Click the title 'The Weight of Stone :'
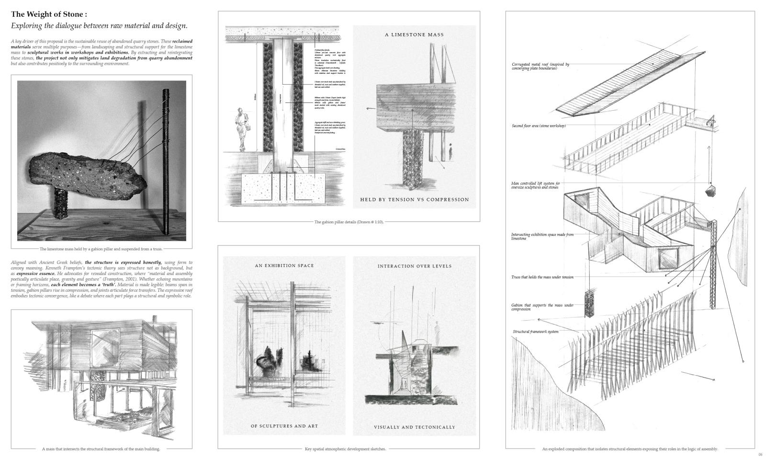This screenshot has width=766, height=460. point(49,14)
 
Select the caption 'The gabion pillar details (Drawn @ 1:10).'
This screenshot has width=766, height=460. point(349,222)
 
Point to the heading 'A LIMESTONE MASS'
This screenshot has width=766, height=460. point(414,34)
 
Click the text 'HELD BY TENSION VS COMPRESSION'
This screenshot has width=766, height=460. point(415,199)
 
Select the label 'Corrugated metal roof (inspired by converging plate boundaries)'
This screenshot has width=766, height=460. point(541,66)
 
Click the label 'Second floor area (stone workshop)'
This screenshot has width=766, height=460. point(539,126)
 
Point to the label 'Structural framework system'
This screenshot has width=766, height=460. point(535,332)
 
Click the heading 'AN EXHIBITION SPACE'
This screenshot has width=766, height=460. point(284,265)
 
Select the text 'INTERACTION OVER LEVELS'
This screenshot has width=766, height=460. point(415,266)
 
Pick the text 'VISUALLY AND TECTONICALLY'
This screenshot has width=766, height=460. point(415,427)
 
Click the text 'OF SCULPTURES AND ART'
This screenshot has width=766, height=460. point(284,426)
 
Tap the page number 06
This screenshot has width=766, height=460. point(760,454)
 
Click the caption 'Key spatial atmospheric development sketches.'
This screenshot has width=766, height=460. point(345,449)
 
